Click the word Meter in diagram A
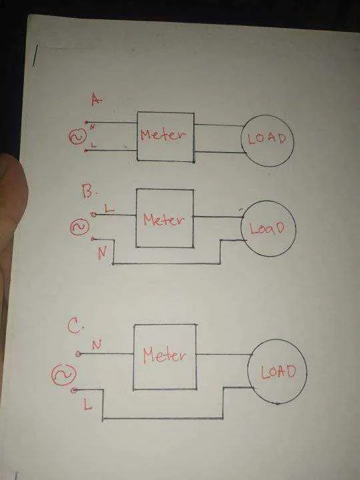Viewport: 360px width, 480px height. (163, 135)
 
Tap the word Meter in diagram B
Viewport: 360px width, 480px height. (164, 219)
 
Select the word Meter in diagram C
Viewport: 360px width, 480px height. (165, 355)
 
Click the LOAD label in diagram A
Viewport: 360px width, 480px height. (267, 139)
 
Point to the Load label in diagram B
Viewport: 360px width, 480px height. (267, 229)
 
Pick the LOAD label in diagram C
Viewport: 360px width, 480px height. (279, 371)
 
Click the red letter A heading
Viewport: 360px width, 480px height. (96, 99)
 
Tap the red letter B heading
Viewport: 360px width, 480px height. (88, 191)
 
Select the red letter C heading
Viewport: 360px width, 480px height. (74, 326)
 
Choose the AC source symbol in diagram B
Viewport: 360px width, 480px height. (80, 227)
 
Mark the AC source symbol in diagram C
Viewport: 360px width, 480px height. (63, 375)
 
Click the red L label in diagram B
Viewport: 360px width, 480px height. (109, 209)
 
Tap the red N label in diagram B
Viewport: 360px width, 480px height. (103, 253)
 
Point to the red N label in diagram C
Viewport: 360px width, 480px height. (97, 345)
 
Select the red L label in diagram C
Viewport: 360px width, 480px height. (87, 405)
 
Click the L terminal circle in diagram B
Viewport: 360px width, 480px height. (93, 215)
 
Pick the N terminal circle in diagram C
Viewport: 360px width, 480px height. (79, 354)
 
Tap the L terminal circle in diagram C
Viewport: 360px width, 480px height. (74, 390)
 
